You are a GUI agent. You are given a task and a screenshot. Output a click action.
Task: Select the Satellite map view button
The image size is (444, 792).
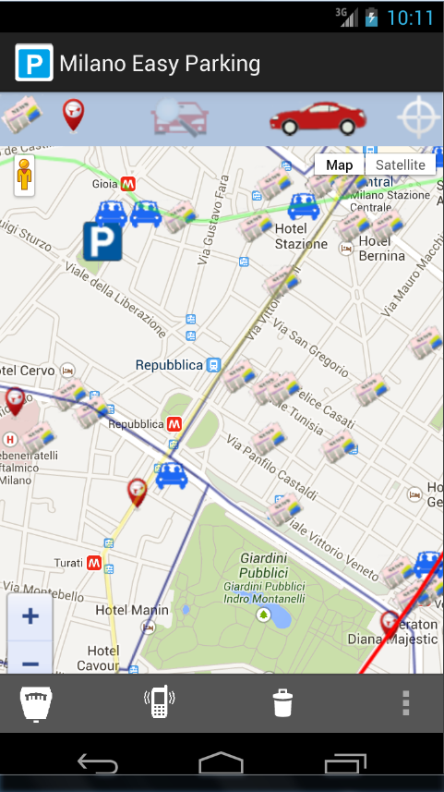point(401,164)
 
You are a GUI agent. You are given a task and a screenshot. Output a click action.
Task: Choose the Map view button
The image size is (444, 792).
point(340,164)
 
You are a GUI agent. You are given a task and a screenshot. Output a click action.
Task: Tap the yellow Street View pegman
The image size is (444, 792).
point(24,176)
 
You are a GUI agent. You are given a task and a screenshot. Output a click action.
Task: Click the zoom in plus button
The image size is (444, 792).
point(30,616)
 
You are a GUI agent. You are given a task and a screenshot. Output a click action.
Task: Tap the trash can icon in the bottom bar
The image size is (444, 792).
point(283,703)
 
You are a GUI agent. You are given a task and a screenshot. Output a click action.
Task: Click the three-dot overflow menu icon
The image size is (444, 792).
point(405,703)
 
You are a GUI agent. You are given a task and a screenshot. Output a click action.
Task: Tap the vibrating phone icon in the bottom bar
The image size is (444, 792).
point(159,703)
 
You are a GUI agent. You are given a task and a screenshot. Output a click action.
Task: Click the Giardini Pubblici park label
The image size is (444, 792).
point(265,565)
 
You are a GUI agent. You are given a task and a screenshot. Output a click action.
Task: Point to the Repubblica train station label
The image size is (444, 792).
point(169,365)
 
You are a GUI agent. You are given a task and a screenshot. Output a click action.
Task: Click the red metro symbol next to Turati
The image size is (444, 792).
point(93,562)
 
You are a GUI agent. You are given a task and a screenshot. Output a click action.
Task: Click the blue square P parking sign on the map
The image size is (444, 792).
point(102,241)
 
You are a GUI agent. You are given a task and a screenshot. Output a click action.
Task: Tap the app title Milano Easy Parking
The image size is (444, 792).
point(160,64)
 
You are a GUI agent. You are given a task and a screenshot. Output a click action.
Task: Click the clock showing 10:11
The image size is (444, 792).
point(410,17)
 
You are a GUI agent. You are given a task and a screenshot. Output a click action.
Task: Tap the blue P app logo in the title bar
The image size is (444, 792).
point(34,63)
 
